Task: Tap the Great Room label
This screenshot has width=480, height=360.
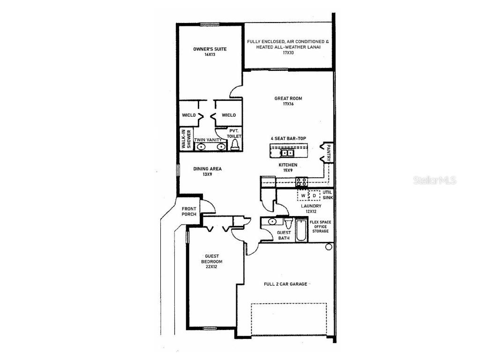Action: [x=288, y=98]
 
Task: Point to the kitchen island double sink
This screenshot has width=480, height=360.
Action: [x=287, y=152]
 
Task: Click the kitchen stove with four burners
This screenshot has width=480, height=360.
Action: [x=301, y=182]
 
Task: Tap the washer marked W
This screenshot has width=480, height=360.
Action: [x=303, y=195]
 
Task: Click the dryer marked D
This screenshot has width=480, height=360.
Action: [x=315, y=195]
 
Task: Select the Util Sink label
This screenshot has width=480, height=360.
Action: [x=327, y=195]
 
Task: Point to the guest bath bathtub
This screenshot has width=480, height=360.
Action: [x=301, y=231]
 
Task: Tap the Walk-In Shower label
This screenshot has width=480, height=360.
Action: [x=186, y=140]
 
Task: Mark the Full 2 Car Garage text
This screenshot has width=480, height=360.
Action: [x=285, y=284]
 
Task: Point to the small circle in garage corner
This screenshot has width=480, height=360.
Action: [x=329, y=247]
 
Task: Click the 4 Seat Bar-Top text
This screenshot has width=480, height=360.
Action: [x=288, y=139]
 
